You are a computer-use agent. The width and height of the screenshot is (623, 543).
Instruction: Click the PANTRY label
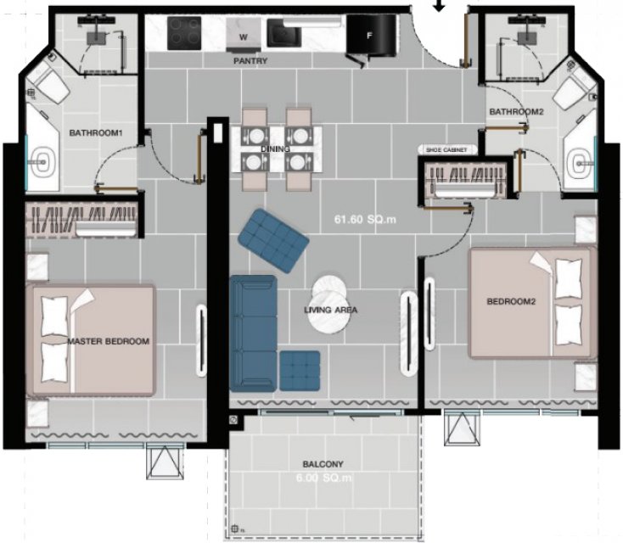(250, 61)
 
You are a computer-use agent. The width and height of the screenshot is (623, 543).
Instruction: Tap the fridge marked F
(371, 35)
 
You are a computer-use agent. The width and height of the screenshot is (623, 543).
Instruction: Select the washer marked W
(244, 35)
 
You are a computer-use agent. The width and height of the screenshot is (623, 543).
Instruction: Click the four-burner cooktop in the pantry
(184, 33)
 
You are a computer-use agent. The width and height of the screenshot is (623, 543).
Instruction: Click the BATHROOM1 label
(95, 132)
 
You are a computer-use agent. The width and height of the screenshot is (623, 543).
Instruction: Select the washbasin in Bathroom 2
(581, 164)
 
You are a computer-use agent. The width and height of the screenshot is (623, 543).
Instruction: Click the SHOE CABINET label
(446, 150)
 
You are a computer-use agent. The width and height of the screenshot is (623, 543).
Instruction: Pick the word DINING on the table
(275, 149)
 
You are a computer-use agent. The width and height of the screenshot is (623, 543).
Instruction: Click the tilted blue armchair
(273, 240)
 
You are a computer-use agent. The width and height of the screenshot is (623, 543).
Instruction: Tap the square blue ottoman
(300, 371)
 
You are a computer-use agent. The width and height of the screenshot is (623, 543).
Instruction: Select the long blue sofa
(253, 333)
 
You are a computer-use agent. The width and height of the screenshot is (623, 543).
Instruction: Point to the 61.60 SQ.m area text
(365, 220)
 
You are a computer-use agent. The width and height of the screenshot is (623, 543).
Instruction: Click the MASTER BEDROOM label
(109, 341)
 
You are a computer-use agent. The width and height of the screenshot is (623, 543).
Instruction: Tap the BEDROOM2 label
(511, 301)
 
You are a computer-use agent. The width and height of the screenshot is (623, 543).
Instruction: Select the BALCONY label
(323, 464)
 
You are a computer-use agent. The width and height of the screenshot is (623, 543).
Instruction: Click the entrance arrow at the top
(439, 5)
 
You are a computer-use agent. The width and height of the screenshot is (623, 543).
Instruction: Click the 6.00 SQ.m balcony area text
(324, 478)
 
